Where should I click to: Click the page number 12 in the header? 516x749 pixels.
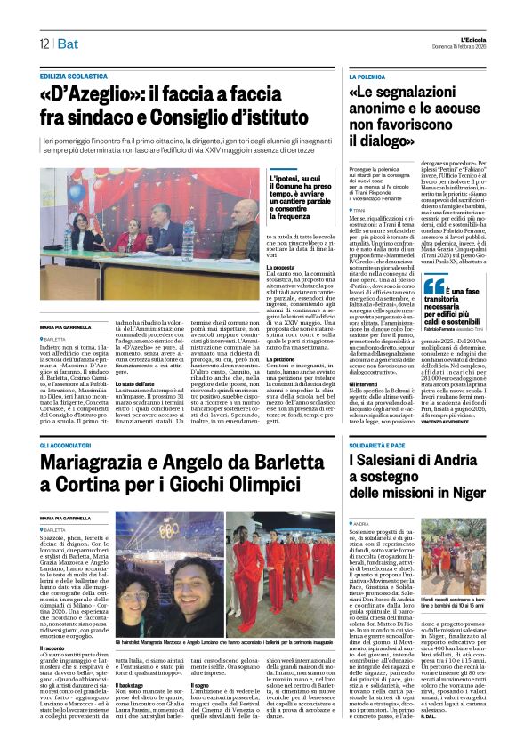(43, 44)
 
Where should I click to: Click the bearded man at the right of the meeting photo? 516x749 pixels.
(239, 217)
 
